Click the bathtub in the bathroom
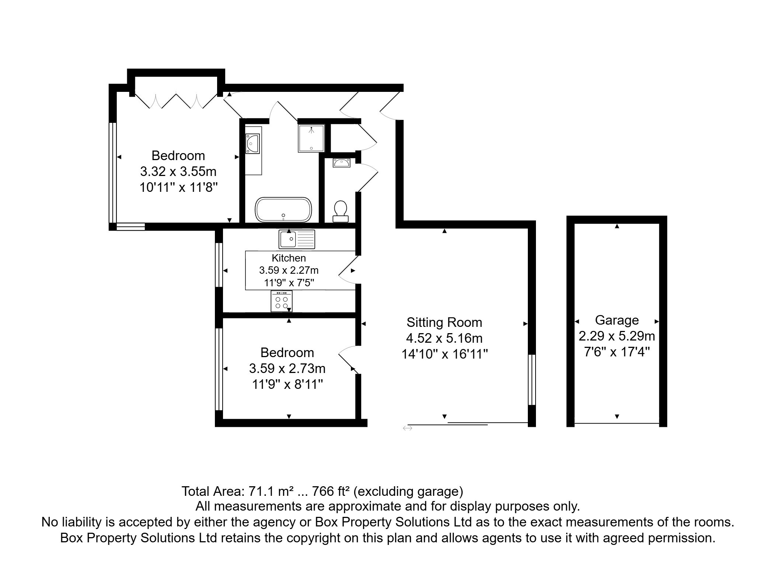coord(283,210)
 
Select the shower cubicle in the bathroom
coord(311,138)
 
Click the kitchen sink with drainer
coord(297,239)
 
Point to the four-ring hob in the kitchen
coord(282,301)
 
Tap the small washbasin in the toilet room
coord(341,162)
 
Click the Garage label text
coord(617,320)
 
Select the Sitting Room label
coord(444,322)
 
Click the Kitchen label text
coord(289,258)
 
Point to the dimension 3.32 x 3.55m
coord(178,172)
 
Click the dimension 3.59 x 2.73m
coord(287,369)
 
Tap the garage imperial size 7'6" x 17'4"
coord(617,352)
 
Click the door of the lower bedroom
coord(348,360)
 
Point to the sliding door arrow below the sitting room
coord(407,428)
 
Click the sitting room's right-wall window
coord(532,380)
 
